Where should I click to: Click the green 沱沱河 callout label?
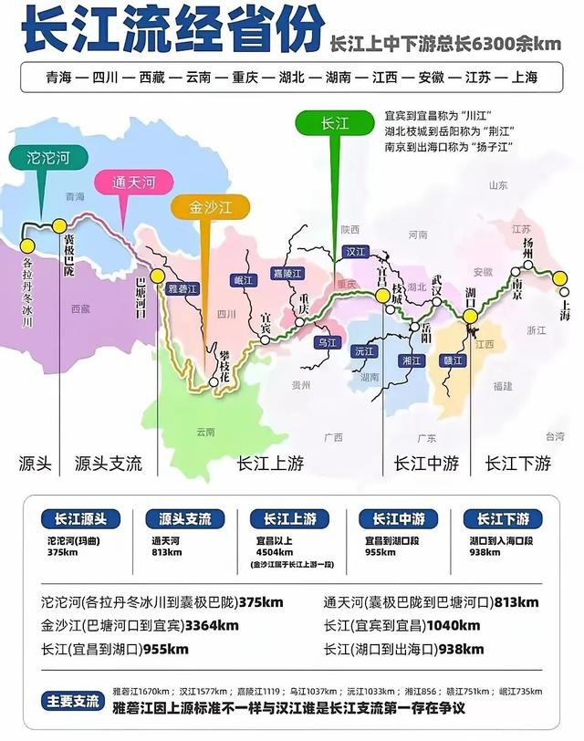click(x=49, y=157)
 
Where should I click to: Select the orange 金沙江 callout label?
click(x=212, y=207)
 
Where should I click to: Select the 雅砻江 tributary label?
click(x=182, y=288)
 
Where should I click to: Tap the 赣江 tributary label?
click(x=454, y=360)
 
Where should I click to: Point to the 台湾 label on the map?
click(x=555, y=436)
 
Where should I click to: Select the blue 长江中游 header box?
click(x=397, y=519)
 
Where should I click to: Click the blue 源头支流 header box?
click(x=184, y=519)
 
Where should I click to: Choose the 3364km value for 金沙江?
click(x=211, y=626)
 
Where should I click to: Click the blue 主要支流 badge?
click(x=73, y=702)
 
